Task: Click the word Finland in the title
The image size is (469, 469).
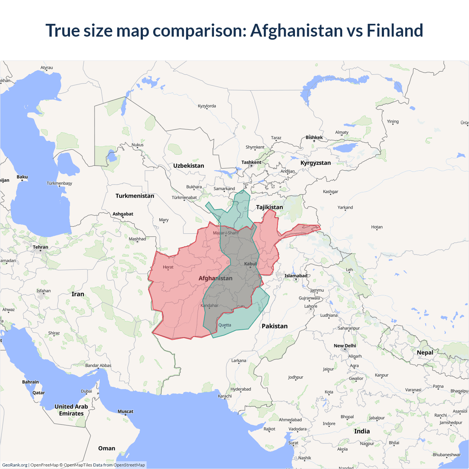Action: pyautogui.click(x=395, y=30)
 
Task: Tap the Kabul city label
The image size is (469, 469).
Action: pyautogui.click(x=251, y=264)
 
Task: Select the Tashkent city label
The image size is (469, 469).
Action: pyautogui.click(x=251, y=162)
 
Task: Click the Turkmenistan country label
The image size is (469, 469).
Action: pyautogui.click(x=135, y=196)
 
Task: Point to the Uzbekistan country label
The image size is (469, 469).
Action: pyautogui.click(x=189, y=166)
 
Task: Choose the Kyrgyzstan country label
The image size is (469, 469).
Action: pyautogui.click(x=315, y=163)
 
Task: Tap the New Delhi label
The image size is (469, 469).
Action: pyautogui.click(x=345, y=346)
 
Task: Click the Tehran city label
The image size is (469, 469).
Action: pyautogui.click(x=40, y=247)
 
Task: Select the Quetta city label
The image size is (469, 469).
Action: pyautogui.click(x=225, y=325)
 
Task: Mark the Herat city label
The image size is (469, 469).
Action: pyautogui.click(x=168, y=267)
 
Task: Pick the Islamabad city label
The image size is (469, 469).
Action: pyautogui.click(x=296, y=276)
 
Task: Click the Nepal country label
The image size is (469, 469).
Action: pyautogui.click(x=425, y=352)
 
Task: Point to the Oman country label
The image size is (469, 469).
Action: pyautogui.click(x=107, y=448)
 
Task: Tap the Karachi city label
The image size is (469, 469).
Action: pyautogui.click(x=225, y=396)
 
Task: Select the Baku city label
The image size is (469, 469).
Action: pyautogui.click(x=22, y=177)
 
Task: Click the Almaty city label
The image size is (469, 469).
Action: pyautogui.click(x=342, y=132)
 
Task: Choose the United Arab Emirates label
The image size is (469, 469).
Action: pyautogui.click(x=71, y=410)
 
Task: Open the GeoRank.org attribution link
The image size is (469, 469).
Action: pyautogui.click(x=15, y=465)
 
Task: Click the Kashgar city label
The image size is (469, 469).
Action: pyautogui.click(x=330, y=192)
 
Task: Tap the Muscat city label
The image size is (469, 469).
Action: pyautogui.click(x=125, y=411)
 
